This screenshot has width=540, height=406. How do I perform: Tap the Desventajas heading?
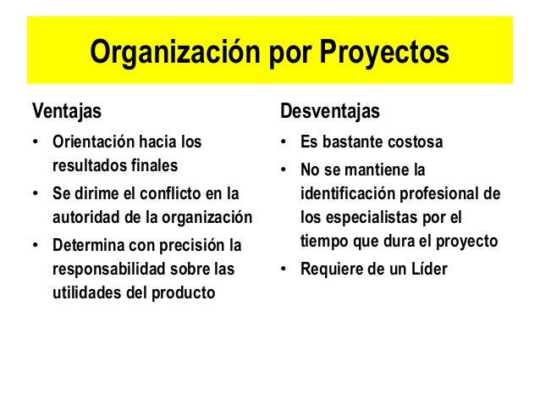330,111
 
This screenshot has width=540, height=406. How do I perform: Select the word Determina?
87,247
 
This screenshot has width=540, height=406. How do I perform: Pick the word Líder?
428,270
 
